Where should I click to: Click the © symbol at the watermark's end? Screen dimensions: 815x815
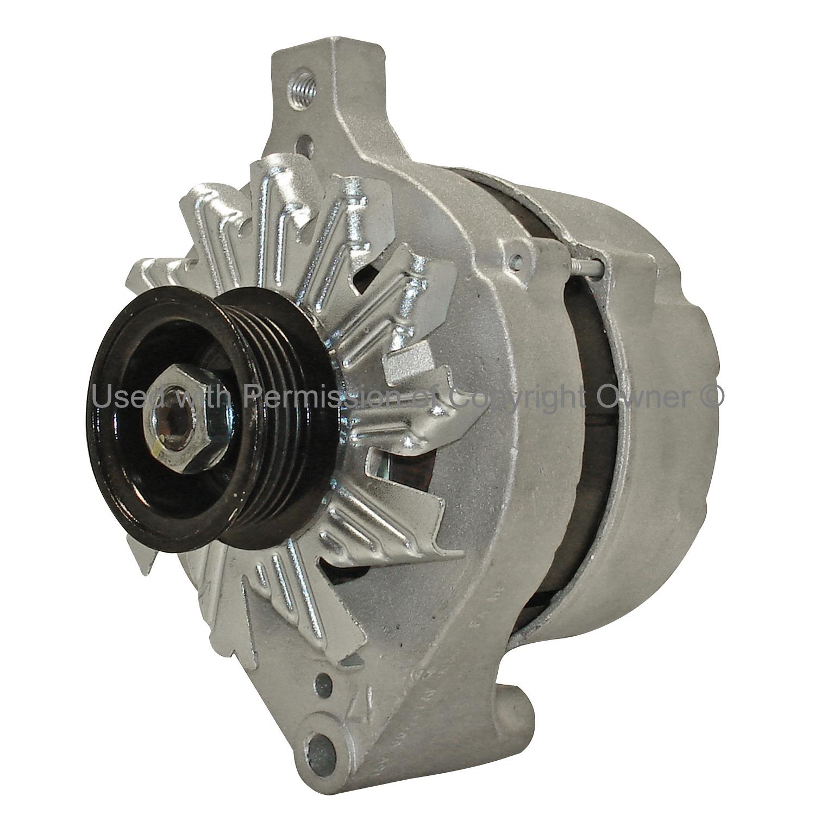710,397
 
